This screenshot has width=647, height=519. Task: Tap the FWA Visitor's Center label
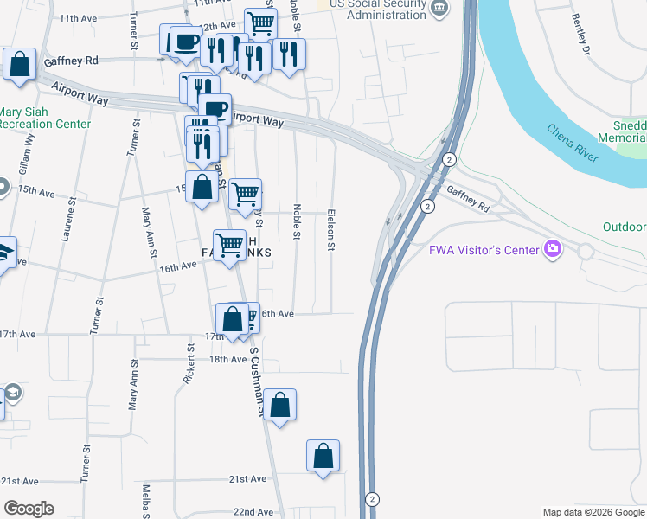pyautogui.click(x=484, y=250)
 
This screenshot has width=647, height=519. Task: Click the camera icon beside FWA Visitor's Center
pyautogui.click(x=552, y=250)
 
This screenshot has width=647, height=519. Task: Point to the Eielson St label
pyautogui.click(x=330, y=229)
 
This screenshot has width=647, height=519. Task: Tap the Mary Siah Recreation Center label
pyautogui.click(x=45, y=118)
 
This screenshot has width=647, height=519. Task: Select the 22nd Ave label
pyautogui.click(x=253, y=512)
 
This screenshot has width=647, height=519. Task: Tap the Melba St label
pyautogui.click(x=148, y=501)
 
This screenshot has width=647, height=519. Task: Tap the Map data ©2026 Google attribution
pyautogui.click(x=593, y=512)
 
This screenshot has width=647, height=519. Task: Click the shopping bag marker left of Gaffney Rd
pyautogui.click(x=19, y=65)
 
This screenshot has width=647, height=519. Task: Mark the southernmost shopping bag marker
pyautogui.click(x=323, y=456)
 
